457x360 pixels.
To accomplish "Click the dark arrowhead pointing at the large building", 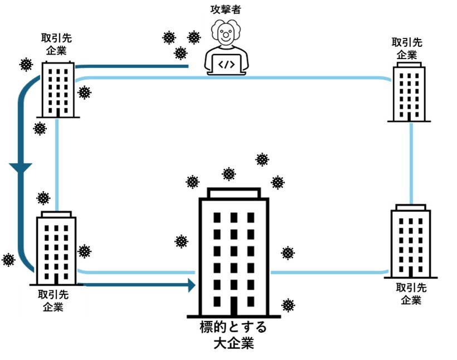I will click(x=191, y=285).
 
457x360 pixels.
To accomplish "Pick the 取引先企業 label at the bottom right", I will click(x=411, y=293).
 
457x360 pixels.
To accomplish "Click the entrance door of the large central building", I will click(x=234, y=305).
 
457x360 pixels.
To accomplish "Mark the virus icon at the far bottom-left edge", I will click(x=8, y=259).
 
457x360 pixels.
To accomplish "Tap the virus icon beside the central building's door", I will click(x=288, y=305).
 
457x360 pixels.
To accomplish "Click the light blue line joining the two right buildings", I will click(x=411, y=162).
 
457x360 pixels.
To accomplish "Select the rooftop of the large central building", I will click(x=234, y=193).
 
